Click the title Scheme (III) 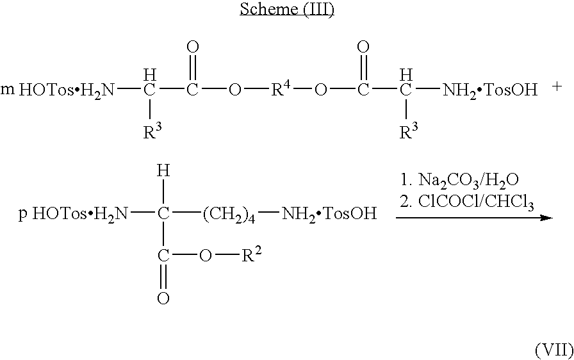coord(286,9)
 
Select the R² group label coord(252,255)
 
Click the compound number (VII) coord(554,350)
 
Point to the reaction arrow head coord(546,218)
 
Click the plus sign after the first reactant coord(557,87)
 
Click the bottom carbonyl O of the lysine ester coord(163,298)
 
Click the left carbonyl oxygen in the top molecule coord(193,47)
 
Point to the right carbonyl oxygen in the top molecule coord(363,47)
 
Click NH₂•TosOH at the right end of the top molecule coord(490,89)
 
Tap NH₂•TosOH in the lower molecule coord(329,214)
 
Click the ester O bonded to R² coord(205,256)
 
